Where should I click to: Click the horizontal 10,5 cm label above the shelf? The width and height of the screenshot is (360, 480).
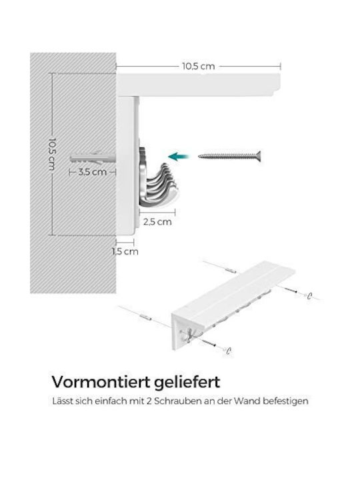[199, 66]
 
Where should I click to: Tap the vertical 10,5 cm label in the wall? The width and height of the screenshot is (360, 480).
[52, 155]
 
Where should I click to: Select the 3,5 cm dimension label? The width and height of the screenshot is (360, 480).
[93, 172]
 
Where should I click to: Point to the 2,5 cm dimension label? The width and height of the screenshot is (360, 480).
[157, 221]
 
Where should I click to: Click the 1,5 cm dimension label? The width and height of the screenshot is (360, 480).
[125, 251]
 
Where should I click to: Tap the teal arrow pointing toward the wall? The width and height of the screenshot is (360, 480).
[179, 157]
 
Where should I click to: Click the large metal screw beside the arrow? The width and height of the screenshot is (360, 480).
[229, 157]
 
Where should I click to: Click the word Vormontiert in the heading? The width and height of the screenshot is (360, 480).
[101, 382]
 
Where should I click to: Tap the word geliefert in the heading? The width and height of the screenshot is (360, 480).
[187, 383]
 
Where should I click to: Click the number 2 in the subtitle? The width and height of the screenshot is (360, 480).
[149, 401]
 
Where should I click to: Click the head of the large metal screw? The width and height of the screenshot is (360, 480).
[259, 157]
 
